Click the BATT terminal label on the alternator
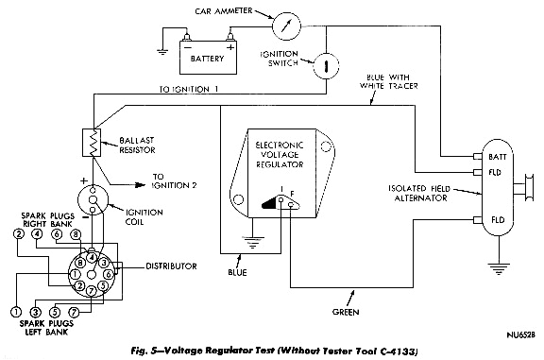[x=494, y=156]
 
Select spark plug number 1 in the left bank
[x=16, y=311]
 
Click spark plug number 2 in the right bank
[x=17, y=233]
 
